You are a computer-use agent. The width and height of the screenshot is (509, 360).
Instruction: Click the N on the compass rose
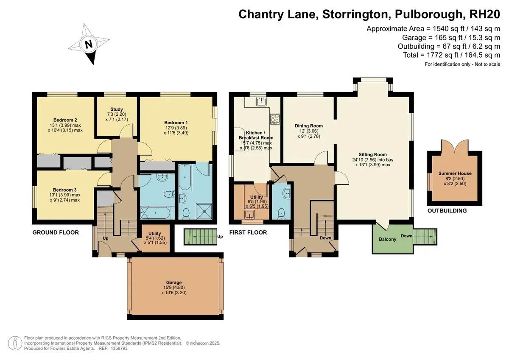point(89,44)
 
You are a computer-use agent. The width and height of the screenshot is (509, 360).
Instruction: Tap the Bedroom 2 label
point(65,120)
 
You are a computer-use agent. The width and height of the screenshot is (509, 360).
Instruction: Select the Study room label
point(117,109)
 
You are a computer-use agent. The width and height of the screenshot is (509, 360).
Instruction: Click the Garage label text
point(174,282)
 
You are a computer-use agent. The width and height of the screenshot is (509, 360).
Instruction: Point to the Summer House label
point(455,173)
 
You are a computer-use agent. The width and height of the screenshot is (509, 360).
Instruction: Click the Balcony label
point(387,239)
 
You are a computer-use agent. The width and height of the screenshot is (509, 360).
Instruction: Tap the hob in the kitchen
point(275,119)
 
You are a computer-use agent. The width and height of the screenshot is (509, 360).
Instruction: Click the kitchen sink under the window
point(262,101)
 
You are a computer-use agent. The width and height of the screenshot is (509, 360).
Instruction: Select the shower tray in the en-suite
point(204,212)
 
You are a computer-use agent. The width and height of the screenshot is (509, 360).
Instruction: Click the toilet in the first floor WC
point(282,214)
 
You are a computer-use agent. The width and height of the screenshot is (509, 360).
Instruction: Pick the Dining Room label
point(309,126)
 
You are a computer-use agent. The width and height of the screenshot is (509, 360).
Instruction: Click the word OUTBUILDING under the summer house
point(447,211)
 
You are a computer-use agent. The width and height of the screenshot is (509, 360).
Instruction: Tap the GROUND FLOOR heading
point(56,232)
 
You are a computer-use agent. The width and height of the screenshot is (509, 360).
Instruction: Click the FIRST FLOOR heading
point(248,232)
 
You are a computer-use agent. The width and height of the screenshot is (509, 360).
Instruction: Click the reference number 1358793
point(119,348)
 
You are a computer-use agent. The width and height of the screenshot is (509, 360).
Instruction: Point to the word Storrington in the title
point(355,14)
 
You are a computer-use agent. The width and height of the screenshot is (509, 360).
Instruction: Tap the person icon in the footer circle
point(15,343)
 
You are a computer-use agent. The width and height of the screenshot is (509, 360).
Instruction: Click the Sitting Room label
point(373,154)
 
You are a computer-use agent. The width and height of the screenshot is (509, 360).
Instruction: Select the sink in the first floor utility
point(249,215)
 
